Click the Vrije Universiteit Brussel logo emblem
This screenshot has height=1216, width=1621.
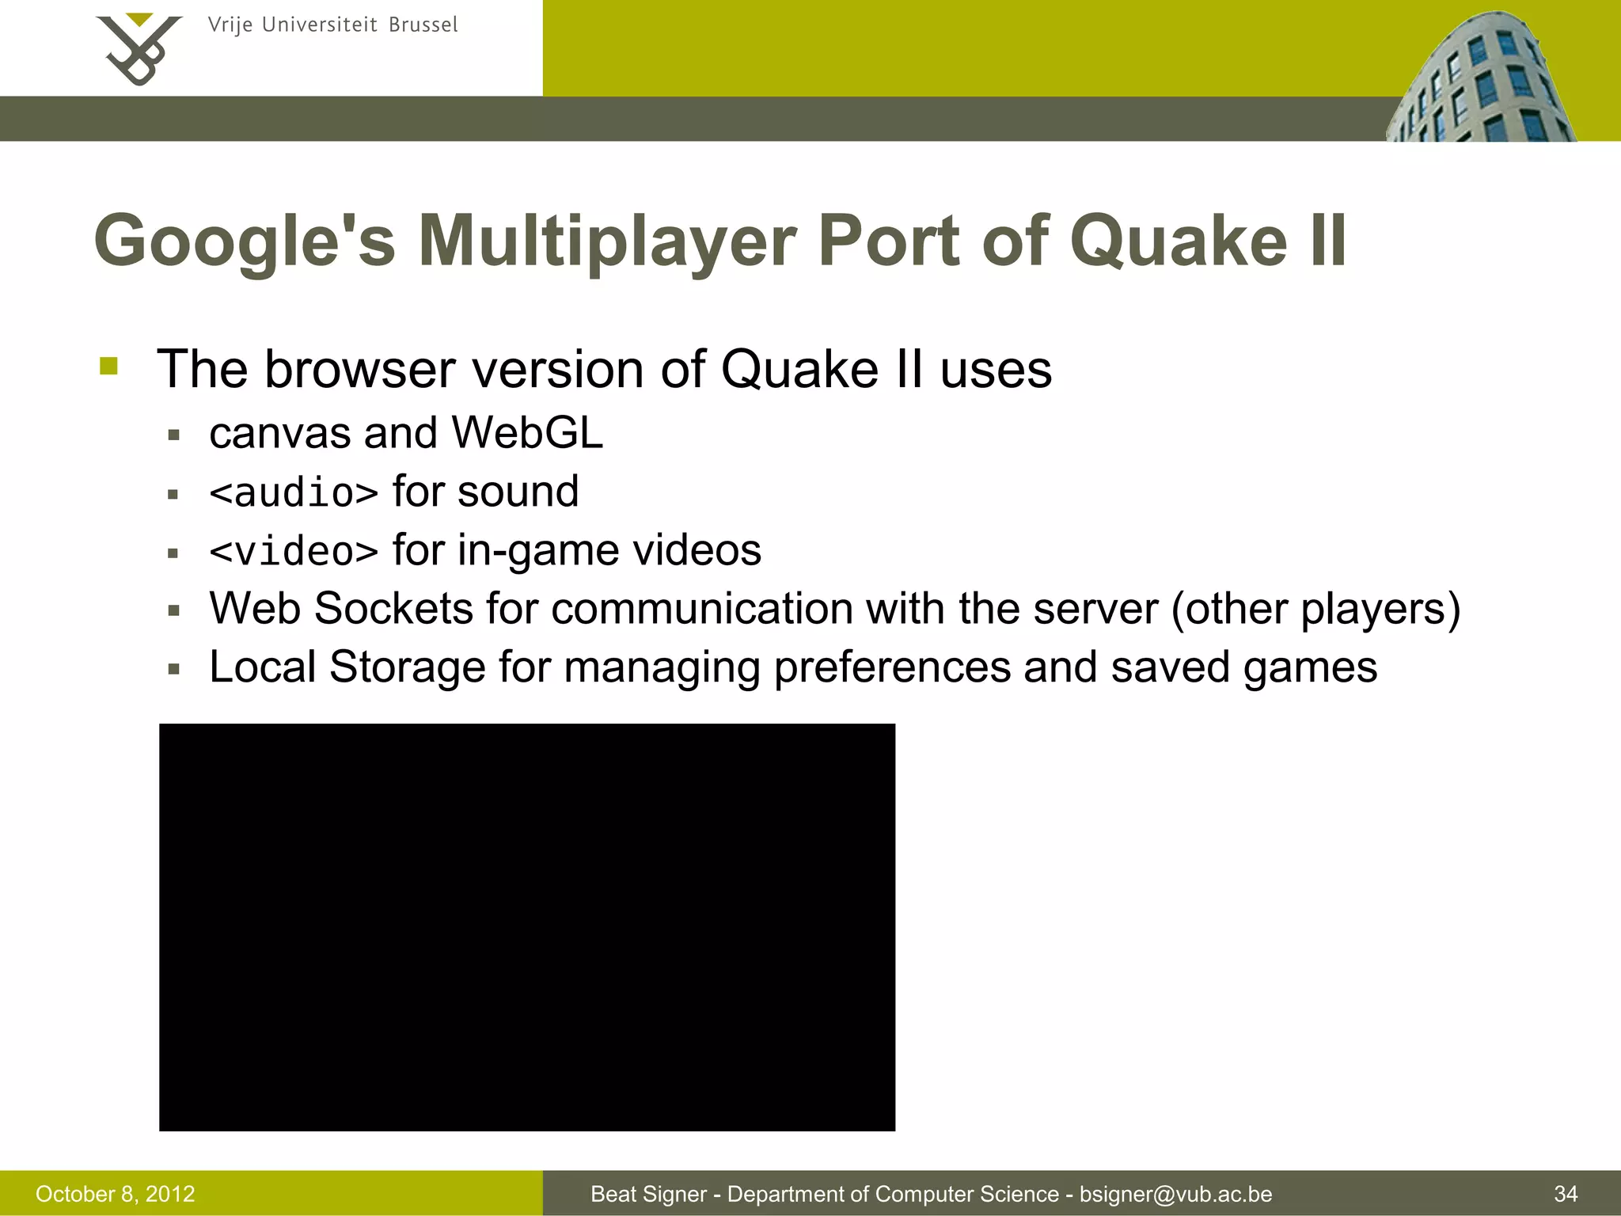tap(139, 49)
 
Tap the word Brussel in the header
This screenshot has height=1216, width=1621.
tap(423, 25)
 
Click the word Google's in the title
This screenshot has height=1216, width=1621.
tap(245, 241)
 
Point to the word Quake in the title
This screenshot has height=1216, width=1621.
tap(1179, 241)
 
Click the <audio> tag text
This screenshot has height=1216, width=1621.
tap(294, 493)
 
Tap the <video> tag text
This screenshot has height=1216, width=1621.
tap(294, 552)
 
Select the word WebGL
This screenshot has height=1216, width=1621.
tap(527, 433)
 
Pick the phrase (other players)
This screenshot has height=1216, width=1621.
tap(1315, 609)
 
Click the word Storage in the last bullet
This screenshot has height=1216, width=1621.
tap(407, 667)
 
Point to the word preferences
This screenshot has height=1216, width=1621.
tap(892, 667)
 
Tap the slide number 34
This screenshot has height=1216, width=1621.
tap(1566, 1194)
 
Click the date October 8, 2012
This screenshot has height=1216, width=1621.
tap(116, 1194)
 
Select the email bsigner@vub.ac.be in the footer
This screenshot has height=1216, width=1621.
tap(1175, 1194)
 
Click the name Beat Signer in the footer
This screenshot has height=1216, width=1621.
tap(648, 1194)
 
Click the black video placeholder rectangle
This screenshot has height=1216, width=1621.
tap(527, 927)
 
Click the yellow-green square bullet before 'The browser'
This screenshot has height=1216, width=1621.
tap(109, 367)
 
